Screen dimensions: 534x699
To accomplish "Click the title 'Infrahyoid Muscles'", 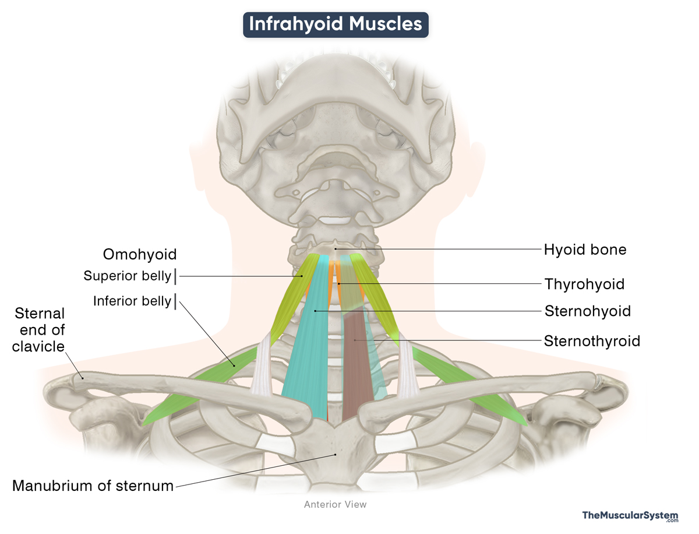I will pyautogui.click(x=336, y=24).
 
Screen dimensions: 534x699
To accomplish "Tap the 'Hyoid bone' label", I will pyautogui.click(x=585, y=250).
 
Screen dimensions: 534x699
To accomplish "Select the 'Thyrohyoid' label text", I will pyautogui.click(x=584, y=284).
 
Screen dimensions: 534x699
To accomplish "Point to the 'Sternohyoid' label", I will pyautogui.click(x=587, y=311).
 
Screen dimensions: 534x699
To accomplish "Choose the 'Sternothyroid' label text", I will pyautogui.click(x=592, y=340).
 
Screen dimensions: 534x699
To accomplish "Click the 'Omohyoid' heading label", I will pyautogui.click(x=140, y=254).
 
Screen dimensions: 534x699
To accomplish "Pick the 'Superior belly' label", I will pyautogui.click(x=128, y=276).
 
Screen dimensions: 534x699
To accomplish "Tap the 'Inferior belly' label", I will pyautogui.click(x=132, y=301).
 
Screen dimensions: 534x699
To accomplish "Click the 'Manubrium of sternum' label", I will pyautogui.click(x=93, y=485).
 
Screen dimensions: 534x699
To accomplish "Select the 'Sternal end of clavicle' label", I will pyautogui.click(x=40, y=330).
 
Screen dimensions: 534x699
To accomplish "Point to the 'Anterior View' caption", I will pyautogui.click(x=336, y=504).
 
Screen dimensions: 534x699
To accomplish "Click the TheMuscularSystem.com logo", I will pyautogui.click(x=630, y=517).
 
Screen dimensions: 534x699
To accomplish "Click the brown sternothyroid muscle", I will pyautogui.click(x=356, y=373).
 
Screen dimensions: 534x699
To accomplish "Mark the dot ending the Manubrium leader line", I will pyautogui.click(x=335, y=455).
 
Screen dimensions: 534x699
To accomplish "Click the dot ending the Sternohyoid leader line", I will pyautogui.click(x=315, y=311).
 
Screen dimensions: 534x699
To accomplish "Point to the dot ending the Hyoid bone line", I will pyautogui.click(x=336, y=250).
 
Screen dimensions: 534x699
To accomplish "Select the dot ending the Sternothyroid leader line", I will pyautogui.click(x=367, y=340).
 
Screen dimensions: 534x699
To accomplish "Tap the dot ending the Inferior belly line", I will pyautogui.click(x=234, y=365).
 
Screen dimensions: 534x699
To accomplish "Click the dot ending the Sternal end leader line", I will pyautogui.click(x=83, y=377).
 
